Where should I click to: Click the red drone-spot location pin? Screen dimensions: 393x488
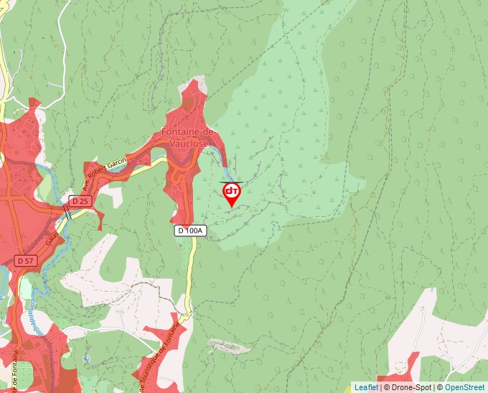[232, 193]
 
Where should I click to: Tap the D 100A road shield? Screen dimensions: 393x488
[191, 231]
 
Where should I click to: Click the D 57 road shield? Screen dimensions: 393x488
[25, 259]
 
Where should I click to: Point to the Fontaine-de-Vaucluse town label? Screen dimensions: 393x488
[188, 137]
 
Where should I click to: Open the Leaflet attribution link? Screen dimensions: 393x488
[366, 387]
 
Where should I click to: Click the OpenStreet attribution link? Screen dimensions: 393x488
[466, 387]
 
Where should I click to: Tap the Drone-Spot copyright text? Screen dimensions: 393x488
[410, 387]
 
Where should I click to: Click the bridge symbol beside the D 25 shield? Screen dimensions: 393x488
[67, 212]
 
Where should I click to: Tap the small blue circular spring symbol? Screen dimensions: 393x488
[86, 358]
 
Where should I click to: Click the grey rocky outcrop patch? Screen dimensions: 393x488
[230, 348]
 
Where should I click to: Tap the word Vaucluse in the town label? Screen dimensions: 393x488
[188, 142]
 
